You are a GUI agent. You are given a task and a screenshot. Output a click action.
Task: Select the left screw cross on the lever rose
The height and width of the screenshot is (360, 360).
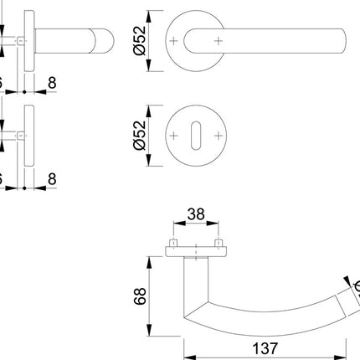(174, 40)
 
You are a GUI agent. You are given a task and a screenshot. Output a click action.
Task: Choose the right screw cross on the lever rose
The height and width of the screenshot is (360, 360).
(218, 40)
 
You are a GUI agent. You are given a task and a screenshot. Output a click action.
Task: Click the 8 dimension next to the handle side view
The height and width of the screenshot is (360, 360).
(53, 85)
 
